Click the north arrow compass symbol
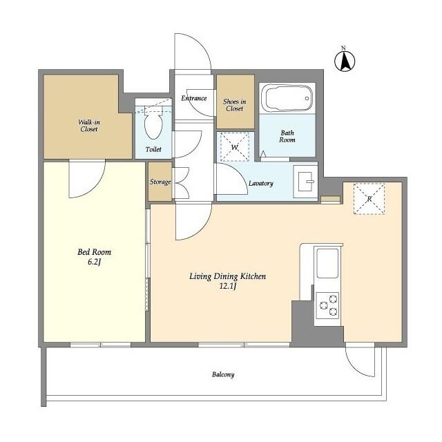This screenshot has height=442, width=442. [x=345, y=60]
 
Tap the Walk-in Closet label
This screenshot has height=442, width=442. [x=89, y=126]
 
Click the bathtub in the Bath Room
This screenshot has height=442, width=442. [x=287, y=98]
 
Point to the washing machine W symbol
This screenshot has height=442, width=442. [x=235, y=147]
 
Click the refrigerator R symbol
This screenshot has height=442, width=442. [x=369, y=199]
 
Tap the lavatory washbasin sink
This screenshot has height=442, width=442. [x=305, y=182]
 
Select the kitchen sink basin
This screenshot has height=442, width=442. [x=327, y=264]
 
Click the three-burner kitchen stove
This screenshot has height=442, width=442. [x=327, y=306]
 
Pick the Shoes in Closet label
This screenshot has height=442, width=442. [x=235, y=105]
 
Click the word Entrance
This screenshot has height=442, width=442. [x=194, y=98]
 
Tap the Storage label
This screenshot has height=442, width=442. [x=160, y=182]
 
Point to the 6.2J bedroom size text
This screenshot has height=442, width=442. [x=94, y=262]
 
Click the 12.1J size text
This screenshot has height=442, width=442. [x=228, y=287]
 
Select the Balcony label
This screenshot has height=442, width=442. [x=223, y=374]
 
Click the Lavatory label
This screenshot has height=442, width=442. [x=261, y=184]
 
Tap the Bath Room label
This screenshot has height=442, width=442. [x=287, y=136]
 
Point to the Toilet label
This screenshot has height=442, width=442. [x=153, y=149]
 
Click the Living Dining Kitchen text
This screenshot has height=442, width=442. [x=227, y=276]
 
